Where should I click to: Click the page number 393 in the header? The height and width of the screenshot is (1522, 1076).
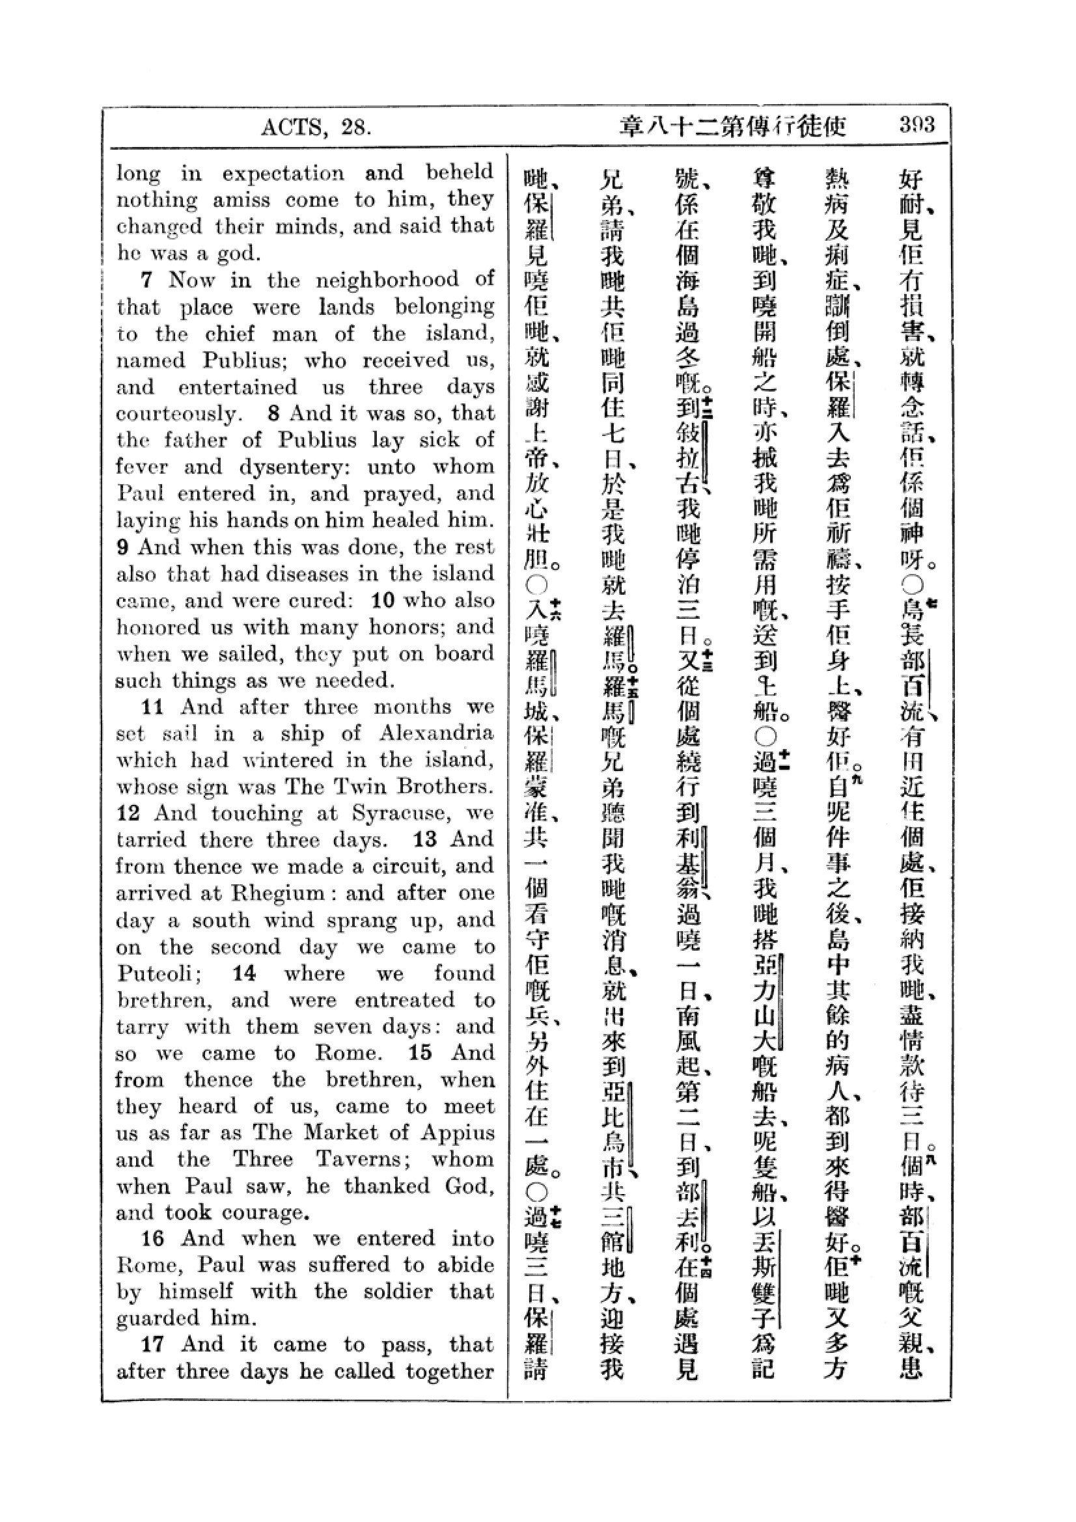pos(917,125)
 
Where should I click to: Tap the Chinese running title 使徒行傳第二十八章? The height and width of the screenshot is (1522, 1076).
pos(733,126)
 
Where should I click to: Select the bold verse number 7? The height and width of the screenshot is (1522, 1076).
pos(146,280)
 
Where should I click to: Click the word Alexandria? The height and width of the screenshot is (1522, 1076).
pos(436,733)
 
